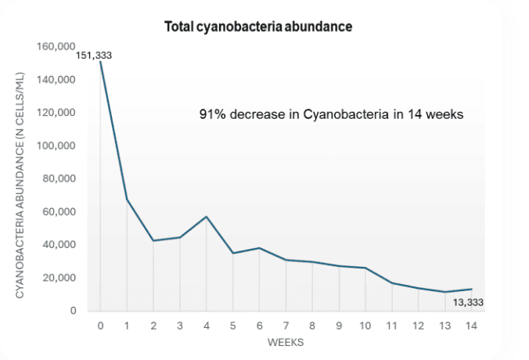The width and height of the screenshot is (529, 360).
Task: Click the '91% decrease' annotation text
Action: click(x=332, y=114)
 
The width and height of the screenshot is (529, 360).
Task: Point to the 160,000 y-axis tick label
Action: click(x=56, y=47)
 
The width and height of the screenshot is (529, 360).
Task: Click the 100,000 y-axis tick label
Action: click(x=56, y=146)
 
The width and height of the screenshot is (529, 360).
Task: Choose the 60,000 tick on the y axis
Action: click(x=59, y=212)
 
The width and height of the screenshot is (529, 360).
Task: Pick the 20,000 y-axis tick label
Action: click(x=59, y=278)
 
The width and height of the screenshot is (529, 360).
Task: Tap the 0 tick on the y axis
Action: click(x=73, y=311)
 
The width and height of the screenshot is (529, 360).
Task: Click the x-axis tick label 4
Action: click(x=207, y=326)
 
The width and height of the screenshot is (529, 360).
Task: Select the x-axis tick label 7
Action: click(x=286, y=326)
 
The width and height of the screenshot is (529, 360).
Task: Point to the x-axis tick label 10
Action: click(x=365, y=326)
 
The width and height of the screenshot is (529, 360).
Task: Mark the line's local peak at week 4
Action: click(x=207, y=217)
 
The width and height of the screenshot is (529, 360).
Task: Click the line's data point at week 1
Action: click(x=127, y=200)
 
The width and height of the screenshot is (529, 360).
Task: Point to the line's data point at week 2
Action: click(x=153, y=240)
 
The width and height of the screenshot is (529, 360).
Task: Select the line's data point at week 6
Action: click(x=260, y=248)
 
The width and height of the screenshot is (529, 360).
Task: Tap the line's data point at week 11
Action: click(x=392, y=283)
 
